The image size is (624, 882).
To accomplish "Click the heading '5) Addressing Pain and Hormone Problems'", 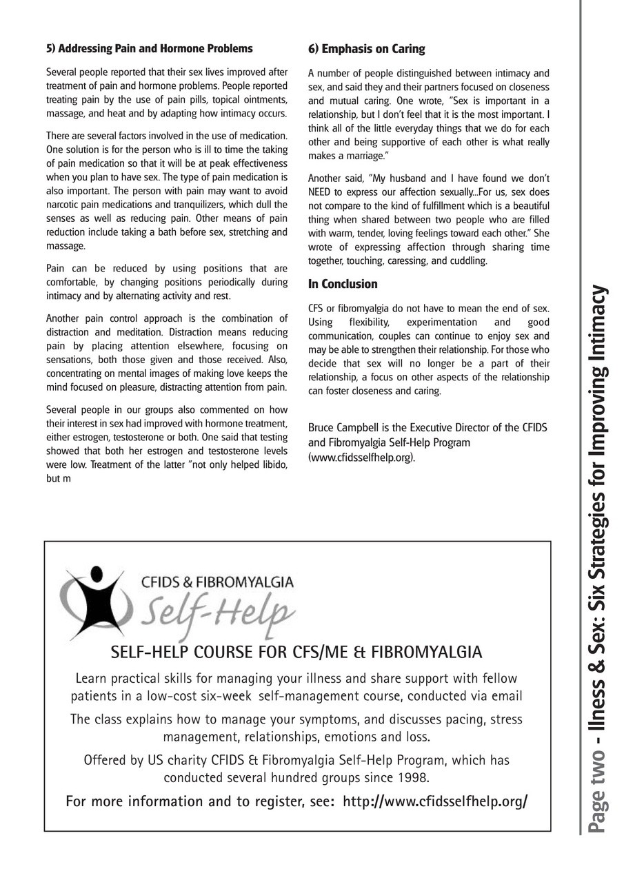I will pos(149,48).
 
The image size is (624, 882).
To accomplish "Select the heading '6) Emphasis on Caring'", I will pos(366,49).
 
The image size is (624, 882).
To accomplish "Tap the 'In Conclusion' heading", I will pos(343,284).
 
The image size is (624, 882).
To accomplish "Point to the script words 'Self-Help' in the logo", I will pos(217,611).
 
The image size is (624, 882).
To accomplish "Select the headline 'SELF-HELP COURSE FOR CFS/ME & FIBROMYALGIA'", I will pos(296,652).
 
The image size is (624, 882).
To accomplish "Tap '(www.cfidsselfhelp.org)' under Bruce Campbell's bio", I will pos(362,457).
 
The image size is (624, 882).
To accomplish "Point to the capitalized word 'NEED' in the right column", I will pos(321,192).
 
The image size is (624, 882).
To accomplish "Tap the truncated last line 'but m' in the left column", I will pos(59,478).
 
